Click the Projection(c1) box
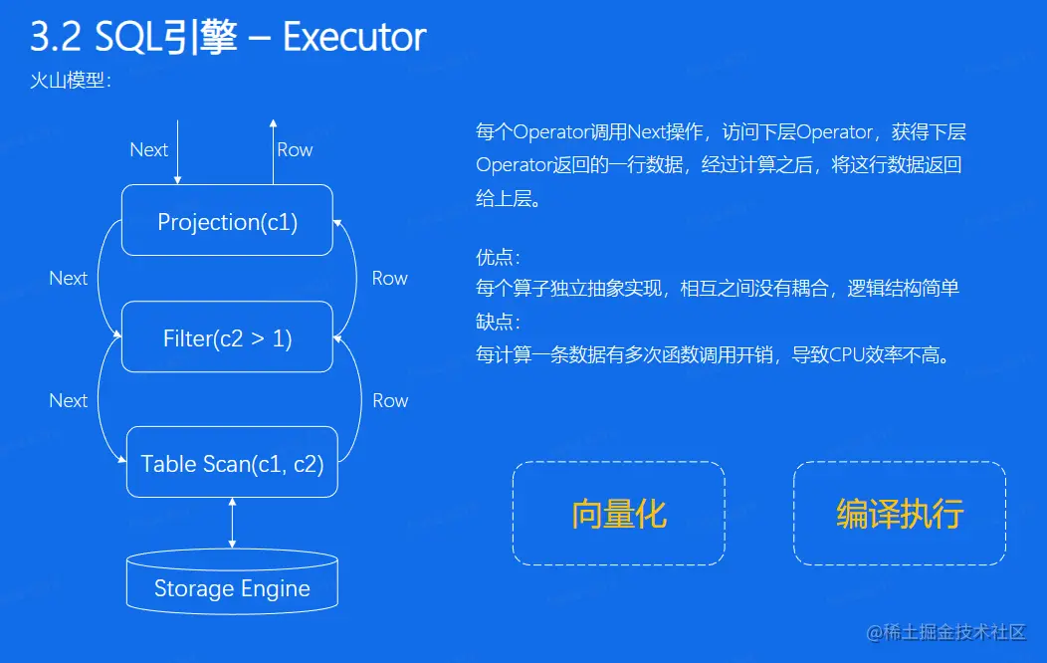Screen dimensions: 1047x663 coord(227,221)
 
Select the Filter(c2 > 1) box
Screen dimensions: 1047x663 coord(227,337)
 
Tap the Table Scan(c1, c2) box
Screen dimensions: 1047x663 coord(232,463)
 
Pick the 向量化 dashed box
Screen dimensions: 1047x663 coord(618,513)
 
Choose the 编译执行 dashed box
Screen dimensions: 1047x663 coord(900,513)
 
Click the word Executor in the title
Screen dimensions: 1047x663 coord(354,37)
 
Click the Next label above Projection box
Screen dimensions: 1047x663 coord(149,149)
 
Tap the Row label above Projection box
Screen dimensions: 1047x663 coord(295,149)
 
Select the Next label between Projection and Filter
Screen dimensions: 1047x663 coord(69,278)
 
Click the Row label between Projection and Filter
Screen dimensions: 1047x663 coord(389,278)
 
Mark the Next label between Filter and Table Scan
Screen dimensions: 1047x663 coord(69,400)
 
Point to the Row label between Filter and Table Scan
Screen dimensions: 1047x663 coord(390,400)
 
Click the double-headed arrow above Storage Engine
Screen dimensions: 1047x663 coord(232,524)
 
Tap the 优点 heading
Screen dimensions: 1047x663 coord(496,258)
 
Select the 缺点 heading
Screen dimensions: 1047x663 coord(496,323)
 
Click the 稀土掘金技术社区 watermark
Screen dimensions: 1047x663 coord(955,632)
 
